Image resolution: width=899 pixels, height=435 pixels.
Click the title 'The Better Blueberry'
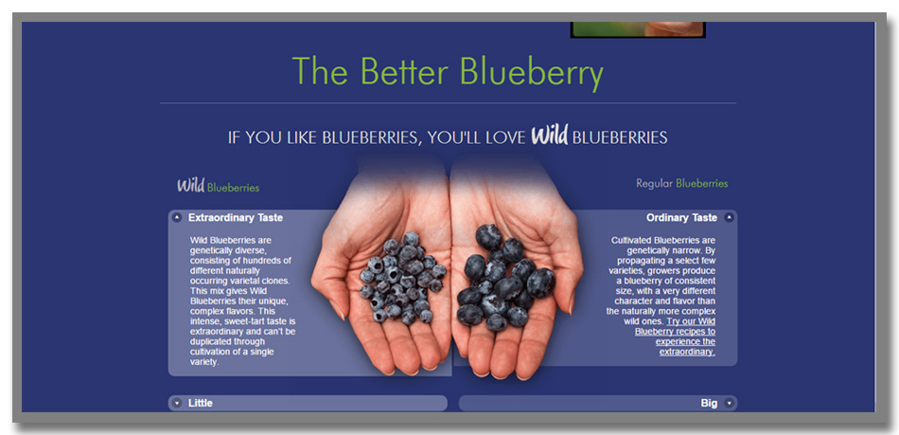tap(448, 72)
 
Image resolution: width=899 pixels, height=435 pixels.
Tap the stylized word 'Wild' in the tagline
tap(549, 136)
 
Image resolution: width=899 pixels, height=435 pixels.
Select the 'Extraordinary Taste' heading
tap(235, 218)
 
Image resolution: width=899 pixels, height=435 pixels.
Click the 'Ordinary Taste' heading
tap(681, 218)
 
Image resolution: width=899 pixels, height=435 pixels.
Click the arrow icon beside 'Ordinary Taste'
tap(729, 218)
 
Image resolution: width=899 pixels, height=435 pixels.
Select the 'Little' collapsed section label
tap(200, 404)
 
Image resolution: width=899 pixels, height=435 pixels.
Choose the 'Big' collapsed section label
tap(709, 404)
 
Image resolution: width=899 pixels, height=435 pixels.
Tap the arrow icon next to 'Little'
tap(177, 403)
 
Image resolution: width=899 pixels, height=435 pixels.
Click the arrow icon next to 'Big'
tap(729, 403)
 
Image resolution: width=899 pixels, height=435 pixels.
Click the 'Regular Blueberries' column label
tap(681, 184)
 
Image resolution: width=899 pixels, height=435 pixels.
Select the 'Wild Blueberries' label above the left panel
tap(218, 186)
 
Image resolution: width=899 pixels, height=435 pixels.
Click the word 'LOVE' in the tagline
tap(505, 137)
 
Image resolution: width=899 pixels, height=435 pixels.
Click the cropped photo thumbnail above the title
tap(638, 29)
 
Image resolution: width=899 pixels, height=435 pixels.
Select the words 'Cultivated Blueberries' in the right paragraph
tap(663, 241)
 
